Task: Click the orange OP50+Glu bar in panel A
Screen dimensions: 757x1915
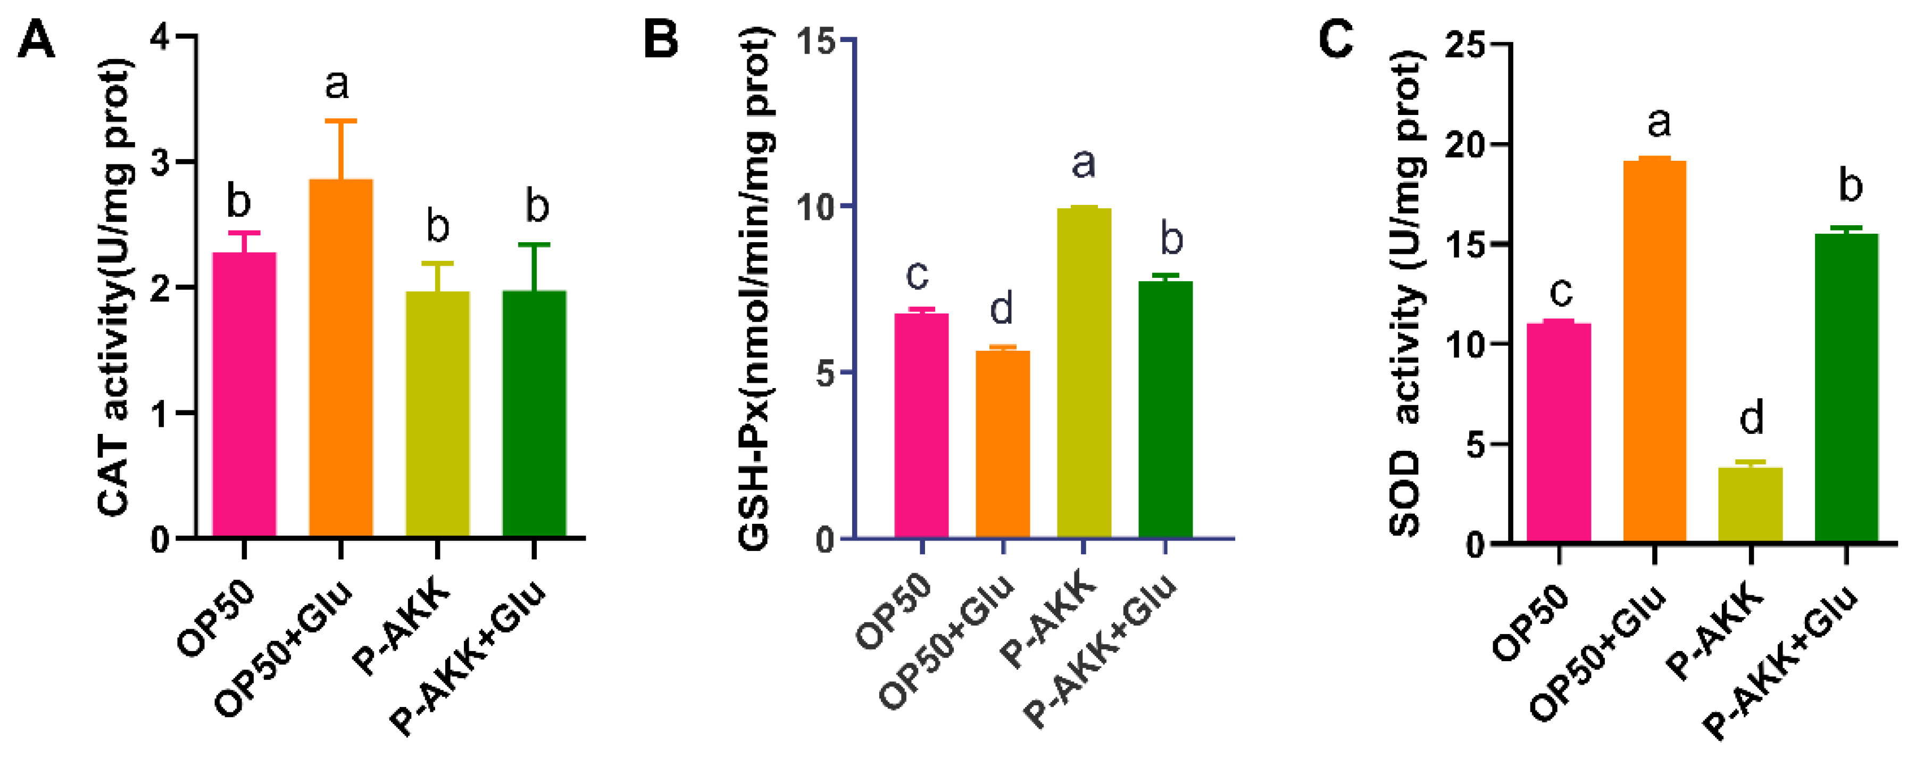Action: pos(340,357)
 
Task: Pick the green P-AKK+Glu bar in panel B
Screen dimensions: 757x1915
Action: pos(1165,409)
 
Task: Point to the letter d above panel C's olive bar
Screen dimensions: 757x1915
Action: pos(1752,418)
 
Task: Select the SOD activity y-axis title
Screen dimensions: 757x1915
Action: pos(1405,294)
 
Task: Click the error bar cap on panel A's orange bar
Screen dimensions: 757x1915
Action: pos(340,120)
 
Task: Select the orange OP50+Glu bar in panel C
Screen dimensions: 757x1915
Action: pos(1655,350)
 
